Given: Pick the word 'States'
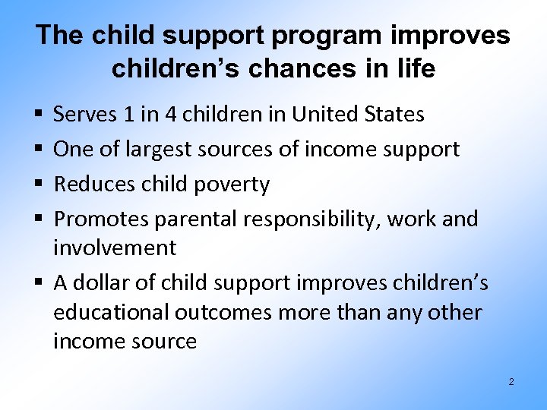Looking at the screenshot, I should [394, 115].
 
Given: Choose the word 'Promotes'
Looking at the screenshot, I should [101, 219].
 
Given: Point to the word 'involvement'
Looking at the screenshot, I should [115, 248].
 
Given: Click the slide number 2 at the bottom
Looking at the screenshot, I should [511, 382].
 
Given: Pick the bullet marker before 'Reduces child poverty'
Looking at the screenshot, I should [39, 185].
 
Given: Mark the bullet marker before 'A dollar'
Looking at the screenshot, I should [39, 284].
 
